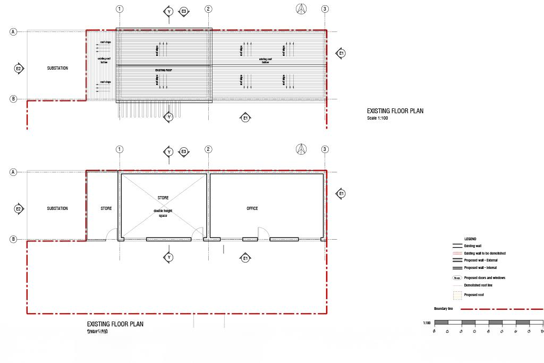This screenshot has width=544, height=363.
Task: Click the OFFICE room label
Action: coord(252,208)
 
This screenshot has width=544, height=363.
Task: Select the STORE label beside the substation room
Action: coord(106,208)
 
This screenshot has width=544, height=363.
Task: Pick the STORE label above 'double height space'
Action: coord(163,198)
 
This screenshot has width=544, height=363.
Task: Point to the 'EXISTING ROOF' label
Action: coord(162,70)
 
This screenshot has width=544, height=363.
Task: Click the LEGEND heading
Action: coord(470,239)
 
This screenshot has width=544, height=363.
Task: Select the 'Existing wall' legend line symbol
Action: coord(456,247)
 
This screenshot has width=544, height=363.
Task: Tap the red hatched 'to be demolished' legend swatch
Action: coord(456,254)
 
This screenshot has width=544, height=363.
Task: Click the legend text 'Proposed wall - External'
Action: coord(481,260)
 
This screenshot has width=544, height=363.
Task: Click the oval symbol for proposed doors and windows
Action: coord(456,278)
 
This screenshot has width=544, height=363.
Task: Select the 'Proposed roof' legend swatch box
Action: coord(456,294)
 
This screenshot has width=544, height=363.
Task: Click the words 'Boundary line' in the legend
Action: coord(443,309)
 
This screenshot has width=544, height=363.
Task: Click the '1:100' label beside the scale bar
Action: coord(427,323)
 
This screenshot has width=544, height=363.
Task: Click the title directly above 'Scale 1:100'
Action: coord(395,111)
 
